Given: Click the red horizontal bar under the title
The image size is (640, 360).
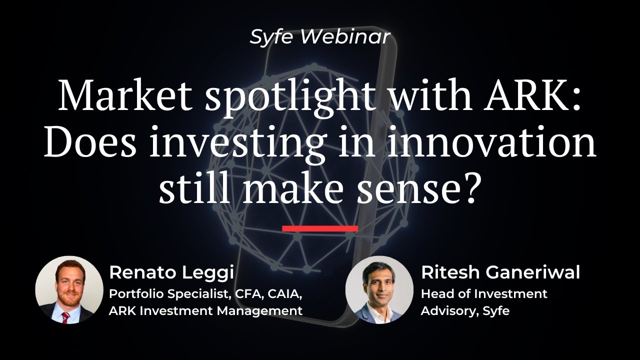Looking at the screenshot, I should tap(320, 228).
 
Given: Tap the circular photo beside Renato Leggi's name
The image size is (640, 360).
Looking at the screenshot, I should tap(69, 290).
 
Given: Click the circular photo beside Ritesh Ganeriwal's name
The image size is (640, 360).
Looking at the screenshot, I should tap(379, 290).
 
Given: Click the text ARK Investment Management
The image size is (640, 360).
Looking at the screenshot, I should tap(205, 310).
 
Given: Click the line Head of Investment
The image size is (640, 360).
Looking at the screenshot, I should tap(483, 293).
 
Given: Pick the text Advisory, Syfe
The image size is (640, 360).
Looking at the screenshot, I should tap(465, 310).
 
